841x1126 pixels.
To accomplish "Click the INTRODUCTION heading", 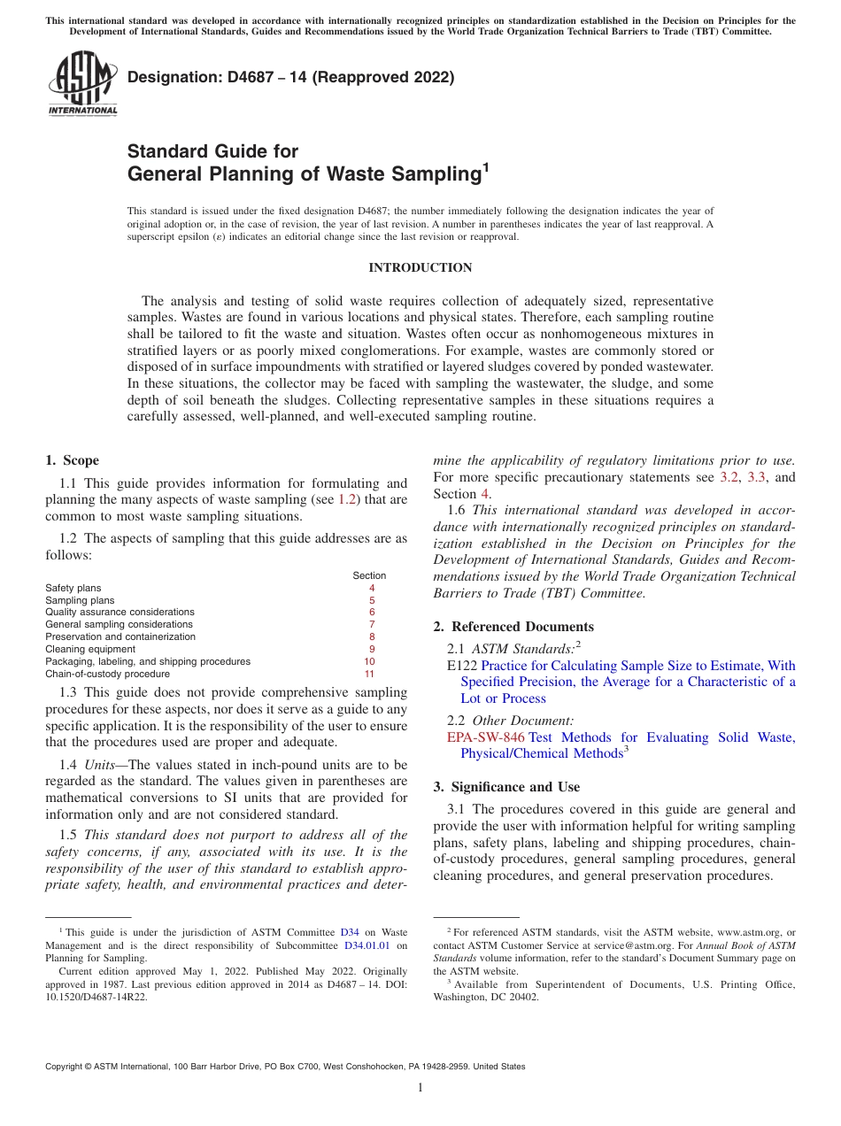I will [x=420, y=267].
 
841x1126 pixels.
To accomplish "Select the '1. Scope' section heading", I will [x=73, y=460].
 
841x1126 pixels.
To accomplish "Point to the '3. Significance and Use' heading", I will [x=506, y=787].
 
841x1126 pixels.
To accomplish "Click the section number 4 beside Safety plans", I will [x=372, y=588].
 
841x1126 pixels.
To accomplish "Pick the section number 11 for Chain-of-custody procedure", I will [x=369, y=674].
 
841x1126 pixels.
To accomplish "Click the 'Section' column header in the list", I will [x=369, y=575].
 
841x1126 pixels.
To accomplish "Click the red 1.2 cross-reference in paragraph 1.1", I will [x=348, y=499].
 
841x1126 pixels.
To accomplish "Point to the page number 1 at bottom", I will [x=420, y=1087].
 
